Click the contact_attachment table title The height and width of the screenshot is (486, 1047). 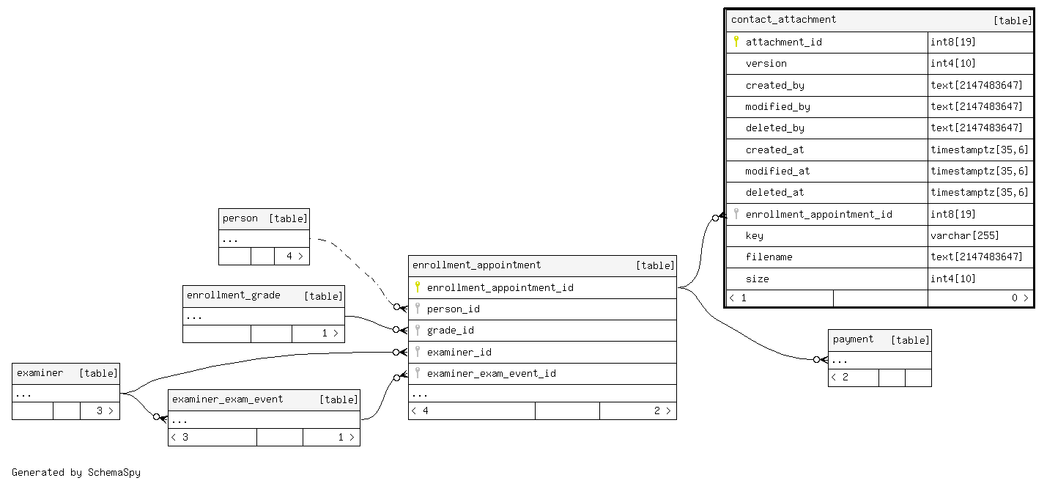point(783,20)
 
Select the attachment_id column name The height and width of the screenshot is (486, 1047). point(783,42)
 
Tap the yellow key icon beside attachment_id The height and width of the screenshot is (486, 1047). point(736,42)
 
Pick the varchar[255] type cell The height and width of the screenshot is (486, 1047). point(964,236)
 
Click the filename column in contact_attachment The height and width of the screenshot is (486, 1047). point(769,257)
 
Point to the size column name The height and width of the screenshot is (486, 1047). point(757,279)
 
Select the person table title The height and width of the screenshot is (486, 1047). point(240,218)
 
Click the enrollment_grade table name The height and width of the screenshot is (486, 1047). point(233,295)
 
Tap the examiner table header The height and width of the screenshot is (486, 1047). point(40,373)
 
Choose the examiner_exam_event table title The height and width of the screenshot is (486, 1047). point(227,399)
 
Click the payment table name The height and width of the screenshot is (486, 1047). point(853,339)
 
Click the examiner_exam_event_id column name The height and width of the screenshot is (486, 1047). point(491,373)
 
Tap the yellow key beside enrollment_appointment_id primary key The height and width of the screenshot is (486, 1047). point(418,287)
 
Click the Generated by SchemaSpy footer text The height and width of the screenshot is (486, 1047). point(75,472)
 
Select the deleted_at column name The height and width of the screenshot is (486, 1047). point(774,192)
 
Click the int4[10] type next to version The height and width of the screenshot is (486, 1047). point(952,63)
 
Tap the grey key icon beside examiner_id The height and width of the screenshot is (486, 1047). point(418,351)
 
